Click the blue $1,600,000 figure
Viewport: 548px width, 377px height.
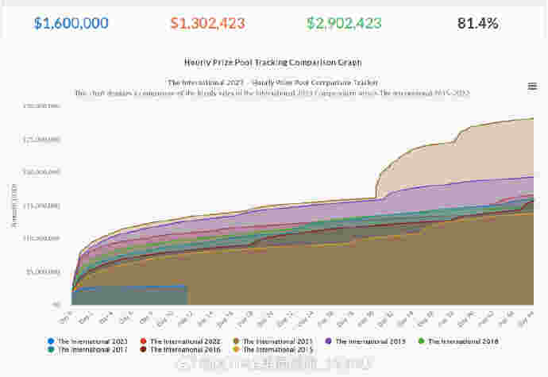pyautogui.click(x=71, y=23)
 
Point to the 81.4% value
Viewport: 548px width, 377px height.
pyautogui.click(x=478, y=23)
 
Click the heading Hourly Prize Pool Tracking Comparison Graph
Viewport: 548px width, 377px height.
pyautogui.click(x=272, y=61)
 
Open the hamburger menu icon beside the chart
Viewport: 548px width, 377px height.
pyautogui.click(x=531, y=86)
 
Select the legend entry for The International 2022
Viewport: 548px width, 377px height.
pyautogui.click(x=181, y=340)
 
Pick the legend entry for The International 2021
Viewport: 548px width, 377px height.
pyautogui.click(x=274, y=340)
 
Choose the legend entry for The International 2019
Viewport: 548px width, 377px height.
pyautogui.click(x=367, y=340)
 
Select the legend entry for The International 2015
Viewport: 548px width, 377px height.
pyautogui.click(x=274, y=349)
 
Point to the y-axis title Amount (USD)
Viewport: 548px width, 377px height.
pyautogui.click(x=14, y=205)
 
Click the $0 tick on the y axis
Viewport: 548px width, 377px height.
pyautogui.click(x=56, y=304)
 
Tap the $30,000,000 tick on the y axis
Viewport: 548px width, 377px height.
pyautogui.click(x=41, y=106)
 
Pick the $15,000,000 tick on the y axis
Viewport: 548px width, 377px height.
pyautogui.click(x=41, y=205)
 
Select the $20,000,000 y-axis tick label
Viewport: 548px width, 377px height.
pyautogui.click(x=41, y=171)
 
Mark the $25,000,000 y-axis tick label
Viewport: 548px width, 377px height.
pyautogui.click(x=41, y=139)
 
